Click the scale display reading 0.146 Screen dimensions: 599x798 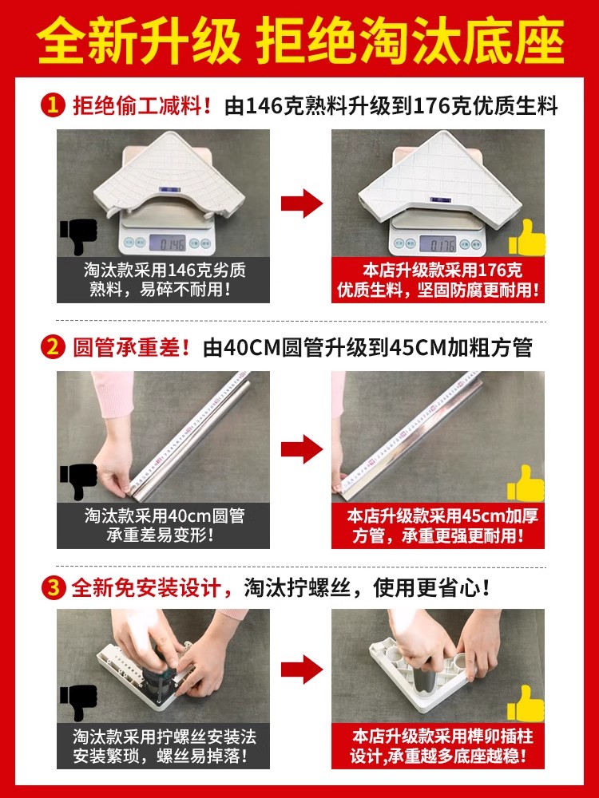point(168,243)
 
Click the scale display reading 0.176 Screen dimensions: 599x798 point(438,243)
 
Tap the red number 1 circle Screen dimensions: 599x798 point(53,106)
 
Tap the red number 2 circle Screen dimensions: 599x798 point(53,348)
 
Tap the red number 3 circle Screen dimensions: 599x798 point(53,588)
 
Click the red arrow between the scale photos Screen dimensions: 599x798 point(302,203)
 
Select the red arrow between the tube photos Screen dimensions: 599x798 point(302,448)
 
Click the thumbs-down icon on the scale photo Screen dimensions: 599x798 point(78,236)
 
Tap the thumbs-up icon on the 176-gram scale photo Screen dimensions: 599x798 point(526,237)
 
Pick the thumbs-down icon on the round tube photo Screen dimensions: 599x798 point(78,481)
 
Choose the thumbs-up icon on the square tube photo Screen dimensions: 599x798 point(526,483)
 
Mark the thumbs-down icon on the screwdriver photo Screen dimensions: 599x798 point(78,703)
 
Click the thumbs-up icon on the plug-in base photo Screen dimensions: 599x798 point(526,703)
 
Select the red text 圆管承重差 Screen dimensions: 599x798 point(126,348)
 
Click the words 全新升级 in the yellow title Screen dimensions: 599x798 point(138,41)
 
